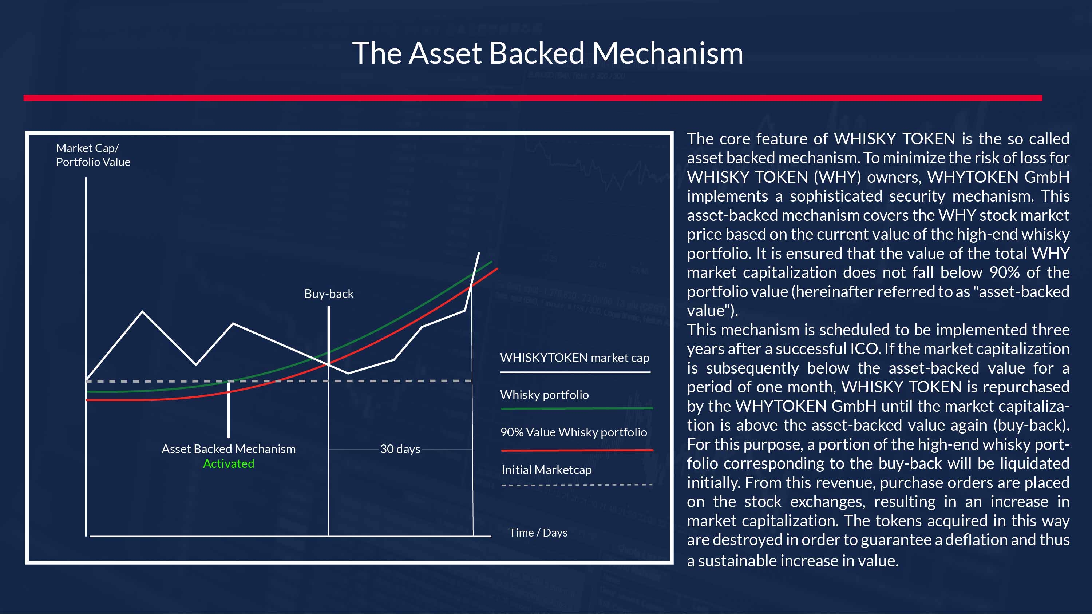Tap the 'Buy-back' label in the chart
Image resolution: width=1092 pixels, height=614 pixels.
click(329, 294)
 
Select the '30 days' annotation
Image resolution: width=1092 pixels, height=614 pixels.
click(400, 449)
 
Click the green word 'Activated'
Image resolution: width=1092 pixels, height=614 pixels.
click(229, 463)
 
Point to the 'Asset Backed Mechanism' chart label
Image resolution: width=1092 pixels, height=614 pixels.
click(229, 449)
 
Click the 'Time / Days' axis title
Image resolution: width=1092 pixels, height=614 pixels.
click(538, 533)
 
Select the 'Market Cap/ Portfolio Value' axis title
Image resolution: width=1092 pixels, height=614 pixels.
click(93, 155)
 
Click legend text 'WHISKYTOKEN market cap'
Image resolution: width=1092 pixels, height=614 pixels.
click(574, 358)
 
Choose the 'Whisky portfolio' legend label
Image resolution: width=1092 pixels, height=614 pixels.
click(544, 395)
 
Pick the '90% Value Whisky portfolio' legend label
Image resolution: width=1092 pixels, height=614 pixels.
click(574, 432)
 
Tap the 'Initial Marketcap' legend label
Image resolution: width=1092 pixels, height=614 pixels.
click(546, 470)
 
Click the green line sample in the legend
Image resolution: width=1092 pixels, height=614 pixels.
click(577, 408)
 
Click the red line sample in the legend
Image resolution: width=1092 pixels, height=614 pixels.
click(577, 450)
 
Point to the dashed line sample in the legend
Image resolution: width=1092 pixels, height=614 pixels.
click(577, 485)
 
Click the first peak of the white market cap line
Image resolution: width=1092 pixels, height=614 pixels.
click(142, 311)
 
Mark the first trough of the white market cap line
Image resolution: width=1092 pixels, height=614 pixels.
click(196, 364)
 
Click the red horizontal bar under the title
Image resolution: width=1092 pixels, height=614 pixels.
click(533, 98)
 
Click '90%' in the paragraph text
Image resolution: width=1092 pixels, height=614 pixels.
click(1004, 272)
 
